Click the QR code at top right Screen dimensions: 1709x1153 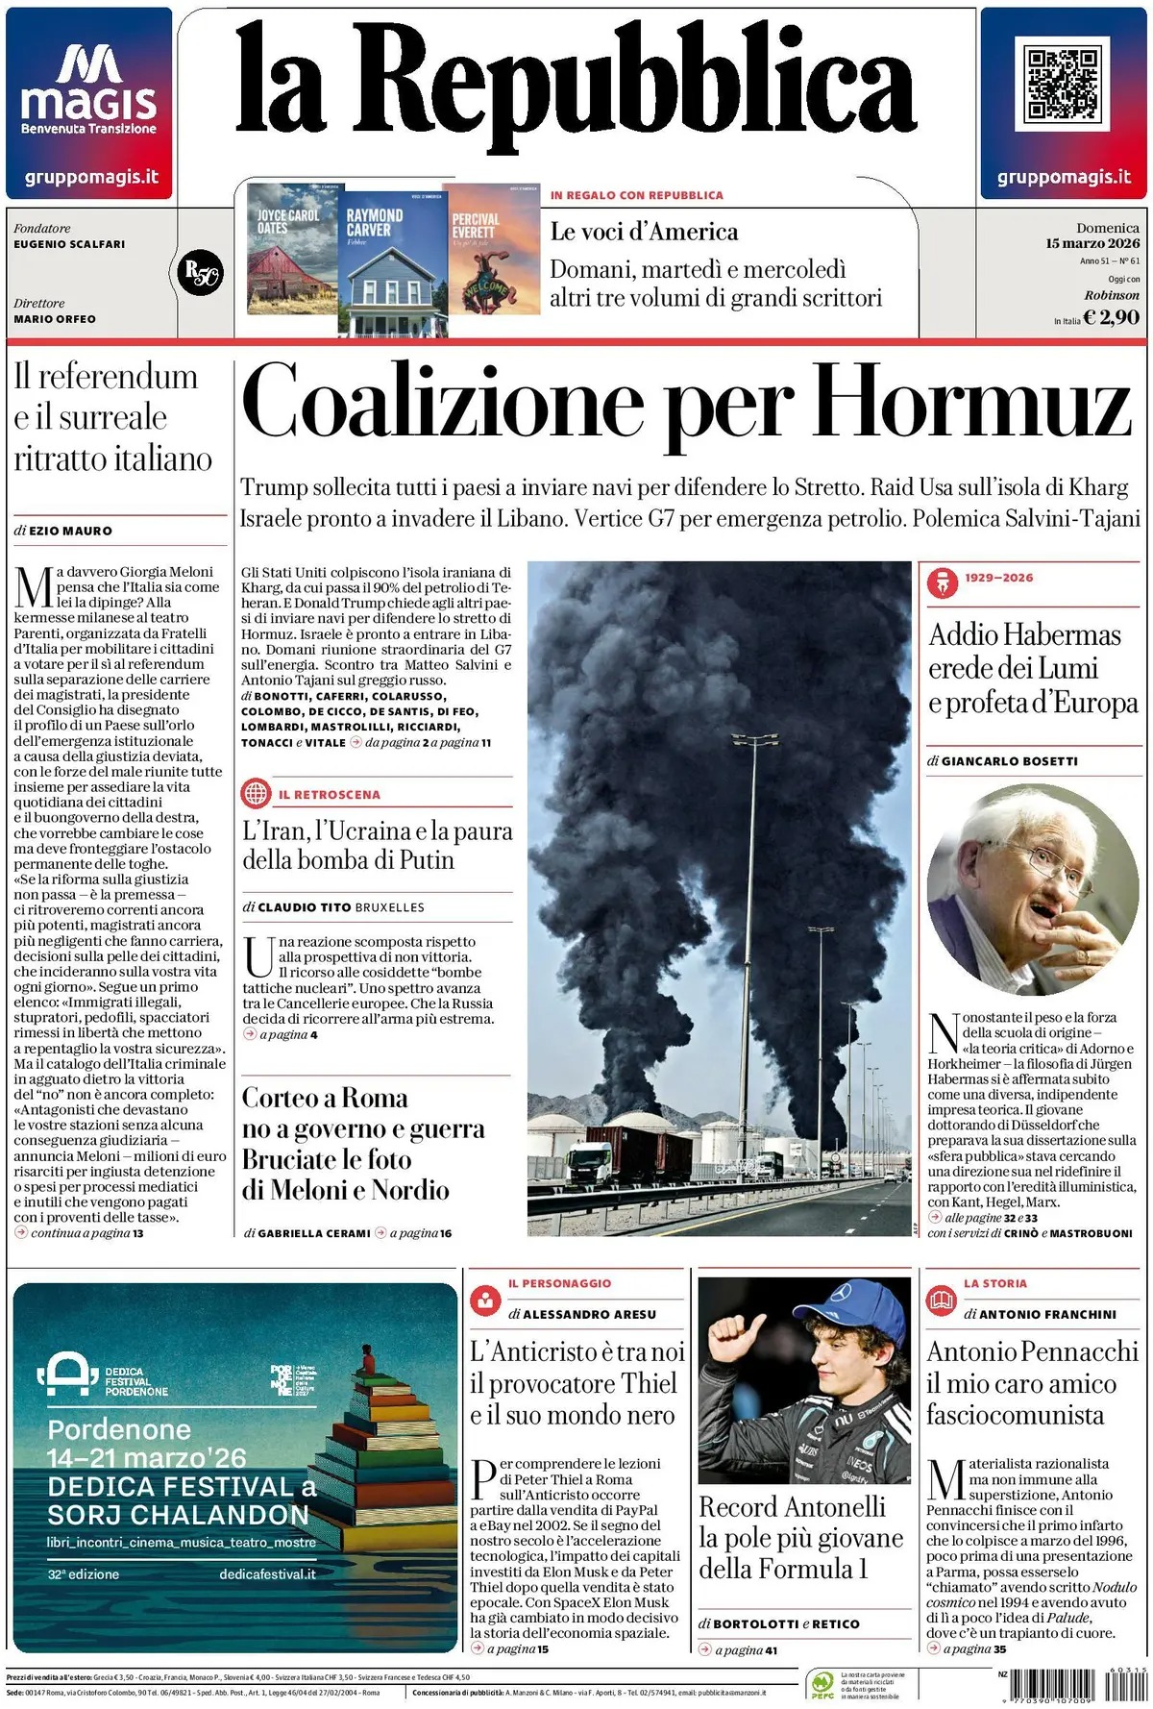1062,84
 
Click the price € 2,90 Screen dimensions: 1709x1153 1111,317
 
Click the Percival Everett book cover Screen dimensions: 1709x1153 492,250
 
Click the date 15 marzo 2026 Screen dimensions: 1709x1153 1092,243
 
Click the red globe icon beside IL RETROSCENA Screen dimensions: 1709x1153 257,794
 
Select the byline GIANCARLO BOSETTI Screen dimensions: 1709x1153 1009,761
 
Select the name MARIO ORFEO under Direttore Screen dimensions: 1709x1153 55,319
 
